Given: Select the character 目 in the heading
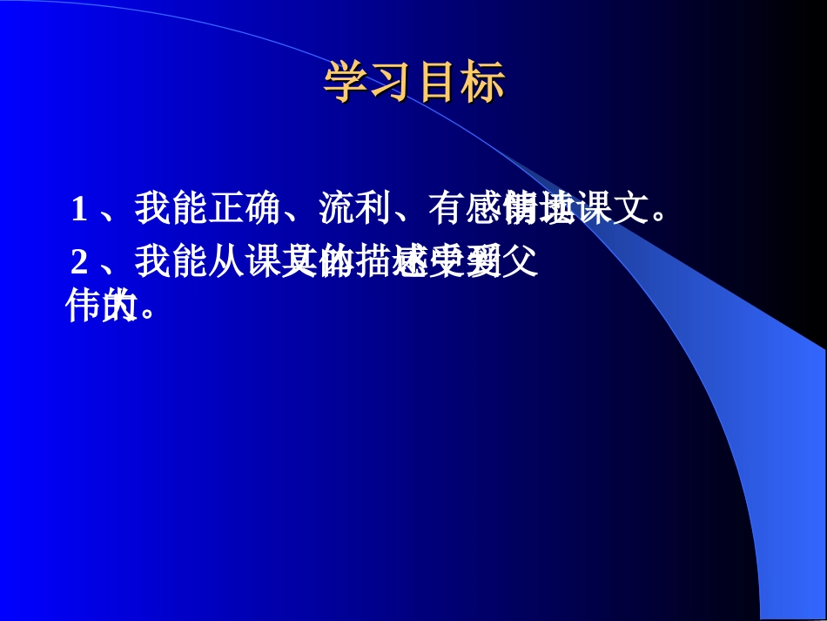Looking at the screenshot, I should point(438,84).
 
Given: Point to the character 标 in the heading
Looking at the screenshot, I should point(483,84).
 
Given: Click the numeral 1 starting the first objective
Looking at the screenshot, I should point(79,210).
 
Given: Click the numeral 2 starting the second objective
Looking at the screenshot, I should point(79,261).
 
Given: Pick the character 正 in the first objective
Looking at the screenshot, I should point(226,209).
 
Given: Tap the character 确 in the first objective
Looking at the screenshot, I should point(263,209).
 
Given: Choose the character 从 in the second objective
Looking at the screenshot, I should point(226,260).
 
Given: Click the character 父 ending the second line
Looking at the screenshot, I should point(521,260).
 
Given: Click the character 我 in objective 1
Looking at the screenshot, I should point(152,209).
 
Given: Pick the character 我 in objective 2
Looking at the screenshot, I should point(152,260).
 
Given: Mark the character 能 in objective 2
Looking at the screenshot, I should point(189,260).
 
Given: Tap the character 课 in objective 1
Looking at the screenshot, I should point(595,209).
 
